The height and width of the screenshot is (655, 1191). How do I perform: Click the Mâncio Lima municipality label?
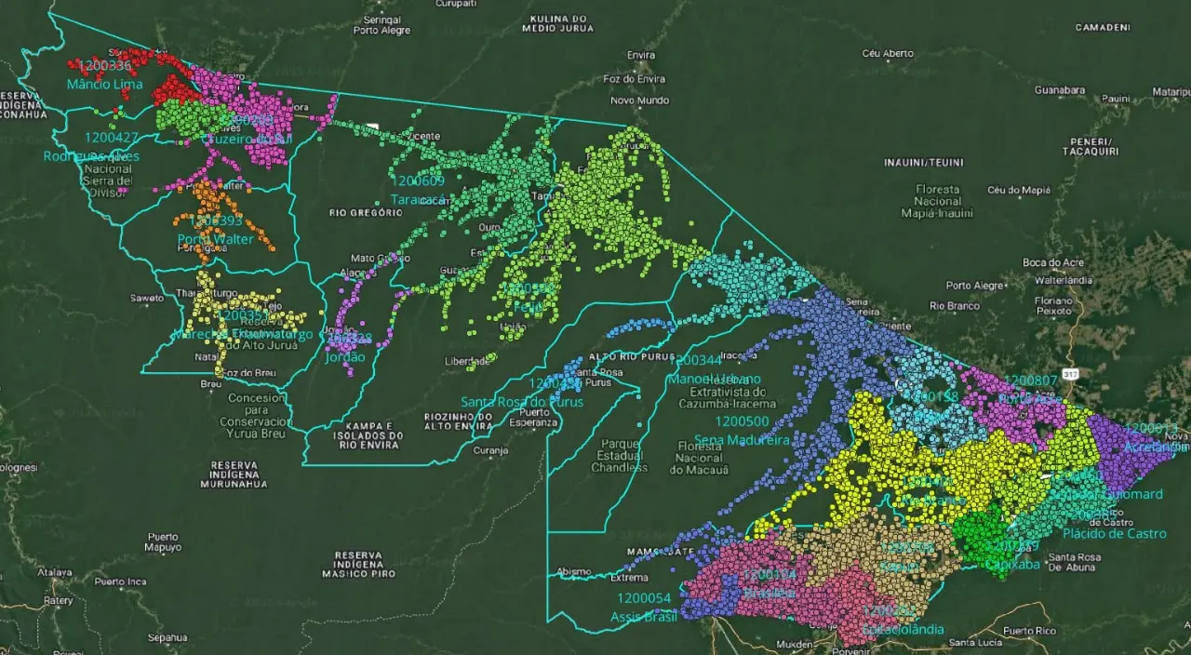coord(104,85)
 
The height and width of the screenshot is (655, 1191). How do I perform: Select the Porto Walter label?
coord(215,239)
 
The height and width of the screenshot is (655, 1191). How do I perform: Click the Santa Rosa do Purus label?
coord(522,402)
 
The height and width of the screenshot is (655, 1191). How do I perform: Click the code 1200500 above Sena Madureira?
coord(742,421)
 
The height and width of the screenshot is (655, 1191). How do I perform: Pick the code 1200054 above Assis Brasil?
coord(642,597)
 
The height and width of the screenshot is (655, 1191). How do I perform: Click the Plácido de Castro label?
coord(1114,533)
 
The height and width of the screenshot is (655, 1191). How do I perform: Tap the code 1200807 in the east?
coord(1030,381)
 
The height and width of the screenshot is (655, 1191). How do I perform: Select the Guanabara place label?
coord(1060,90)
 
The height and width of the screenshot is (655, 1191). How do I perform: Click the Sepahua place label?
coord(167,637)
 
